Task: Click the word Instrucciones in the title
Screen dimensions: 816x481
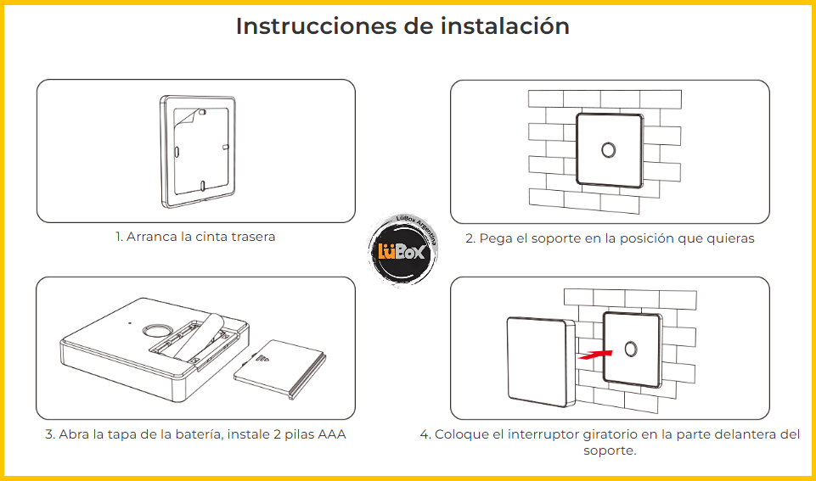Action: (316, 26)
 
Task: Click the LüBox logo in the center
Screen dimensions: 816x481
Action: (402, 249)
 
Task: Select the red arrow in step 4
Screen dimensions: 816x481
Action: (595, 355)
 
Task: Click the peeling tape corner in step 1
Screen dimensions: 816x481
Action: (187, 118)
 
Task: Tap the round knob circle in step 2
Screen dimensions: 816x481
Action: (608, 150)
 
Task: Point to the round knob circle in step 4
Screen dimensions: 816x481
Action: (631, 349)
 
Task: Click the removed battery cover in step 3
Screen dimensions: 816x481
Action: (280, 369)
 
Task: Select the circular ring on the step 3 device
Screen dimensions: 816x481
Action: (155, 331)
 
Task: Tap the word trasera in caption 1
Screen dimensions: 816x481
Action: (253, 237)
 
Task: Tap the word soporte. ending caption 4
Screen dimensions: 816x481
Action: (610, 450)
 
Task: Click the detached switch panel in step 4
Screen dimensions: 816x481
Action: (541, 362)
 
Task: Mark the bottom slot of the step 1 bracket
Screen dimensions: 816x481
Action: (203, 185)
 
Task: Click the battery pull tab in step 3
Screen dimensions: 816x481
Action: (199, 335)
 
